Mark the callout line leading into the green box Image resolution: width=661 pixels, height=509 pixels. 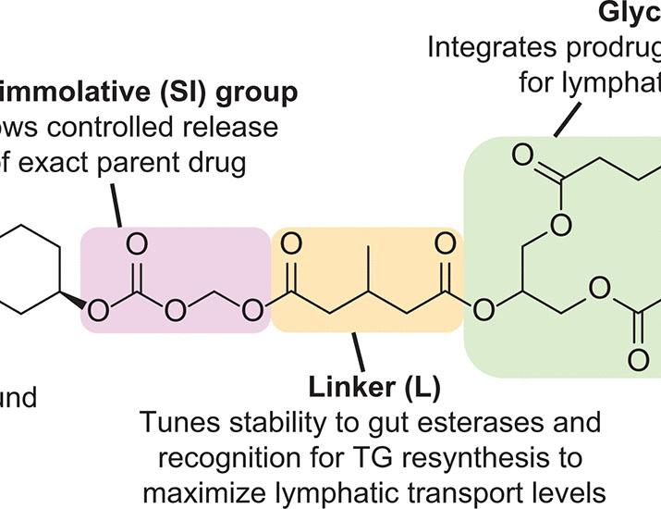tap(568, 117)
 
